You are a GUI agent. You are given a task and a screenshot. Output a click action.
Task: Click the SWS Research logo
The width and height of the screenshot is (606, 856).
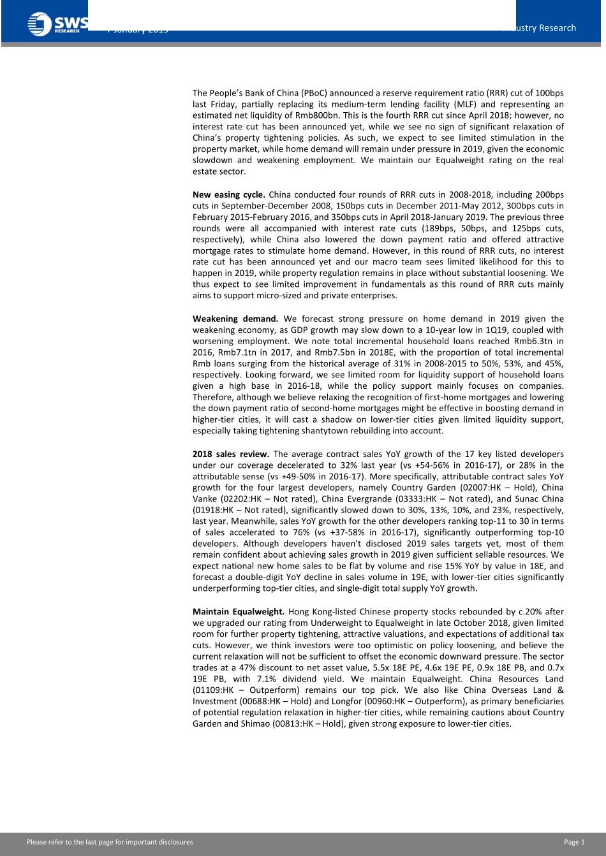(56, 24)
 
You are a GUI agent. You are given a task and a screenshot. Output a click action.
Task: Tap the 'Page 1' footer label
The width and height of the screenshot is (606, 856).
(573, 842)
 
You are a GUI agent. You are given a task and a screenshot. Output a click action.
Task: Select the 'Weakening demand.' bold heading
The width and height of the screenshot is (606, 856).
(235, 319)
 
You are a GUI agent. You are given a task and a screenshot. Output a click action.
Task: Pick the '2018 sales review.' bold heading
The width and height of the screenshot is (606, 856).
(230, 454)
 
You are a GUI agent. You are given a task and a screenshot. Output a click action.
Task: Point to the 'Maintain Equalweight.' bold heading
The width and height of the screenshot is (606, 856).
(238, 612)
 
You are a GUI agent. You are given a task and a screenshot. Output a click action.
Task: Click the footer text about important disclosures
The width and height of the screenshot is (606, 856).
(110, 842)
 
